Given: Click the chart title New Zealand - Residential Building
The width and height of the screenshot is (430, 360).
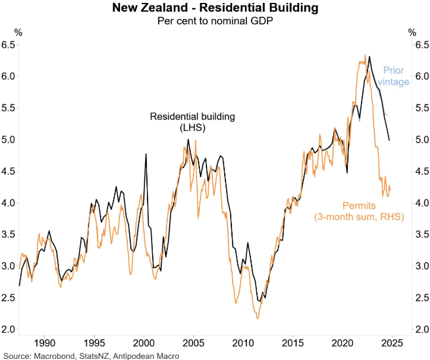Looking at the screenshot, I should tap(215, 8).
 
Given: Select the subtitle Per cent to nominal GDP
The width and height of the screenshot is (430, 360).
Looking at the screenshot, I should tap(215, 21).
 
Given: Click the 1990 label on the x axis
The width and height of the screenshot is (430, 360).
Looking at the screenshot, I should tap(44, 343).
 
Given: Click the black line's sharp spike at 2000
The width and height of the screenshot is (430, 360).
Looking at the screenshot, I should tap(146, 154).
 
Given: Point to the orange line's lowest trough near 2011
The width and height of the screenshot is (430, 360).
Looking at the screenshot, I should tap(258, 318).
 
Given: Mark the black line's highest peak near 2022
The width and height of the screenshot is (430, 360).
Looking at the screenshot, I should tap(369, 56).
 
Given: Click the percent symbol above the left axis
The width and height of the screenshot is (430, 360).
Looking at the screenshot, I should tap(18, 33).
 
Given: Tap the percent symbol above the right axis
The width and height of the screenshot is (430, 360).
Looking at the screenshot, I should tap(412, 33).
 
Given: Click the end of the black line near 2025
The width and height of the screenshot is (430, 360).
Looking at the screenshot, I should tap(390, 140).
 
